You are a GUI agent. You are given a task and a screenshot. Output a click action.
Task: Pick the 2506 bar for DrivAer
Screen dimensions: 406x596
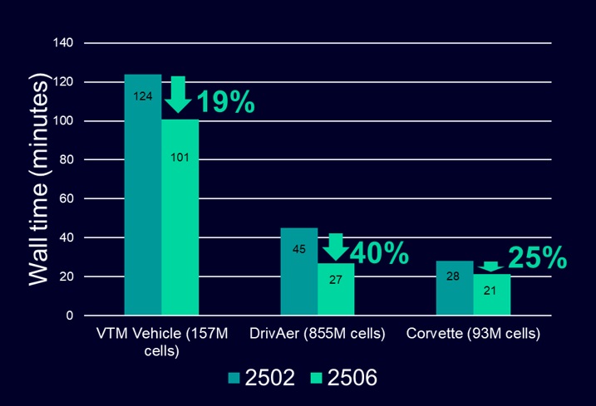[x=335, y=290]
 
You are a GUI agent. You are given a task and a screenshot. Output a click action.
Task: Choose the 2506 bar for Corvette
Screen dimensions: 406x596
[x=491, y=295]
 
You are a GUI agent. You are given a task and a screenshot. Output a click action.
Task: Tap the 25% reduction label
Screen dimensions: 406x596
[x=537, y=257]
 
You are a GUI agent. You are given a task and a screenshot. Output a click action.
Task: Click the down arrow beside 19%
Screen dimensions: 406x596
[x=178, y=94]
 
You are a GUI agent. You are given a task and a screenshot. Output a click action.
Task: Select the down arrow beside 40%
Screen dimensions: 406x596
[x=336, y=247]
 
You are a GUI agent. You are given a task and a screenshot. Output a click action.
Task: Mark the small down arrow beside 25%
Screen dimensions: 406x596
[x=490, y=267]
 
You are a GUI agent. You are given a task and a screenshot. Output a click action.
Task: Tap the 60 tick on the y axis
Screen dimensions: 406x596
[x=66, y=198]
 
